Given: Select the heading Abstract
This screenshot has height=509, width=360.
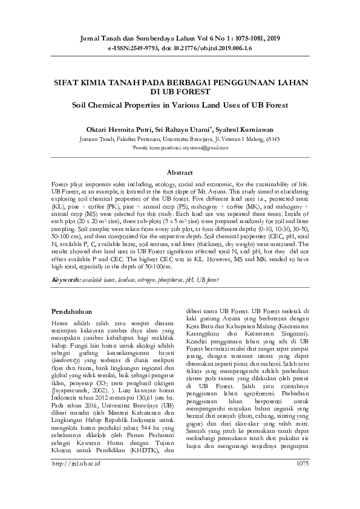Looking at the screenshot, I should [x=180, y=172].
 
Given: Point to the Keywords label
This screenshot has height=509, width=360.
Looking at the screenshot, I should [x=66, y=280].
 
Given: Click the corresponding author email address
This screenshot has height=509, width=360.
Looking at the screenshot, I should [x=203, y=146].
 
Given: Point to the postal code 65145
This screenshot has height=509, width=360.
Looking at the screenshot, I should [x=270, y=138].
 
